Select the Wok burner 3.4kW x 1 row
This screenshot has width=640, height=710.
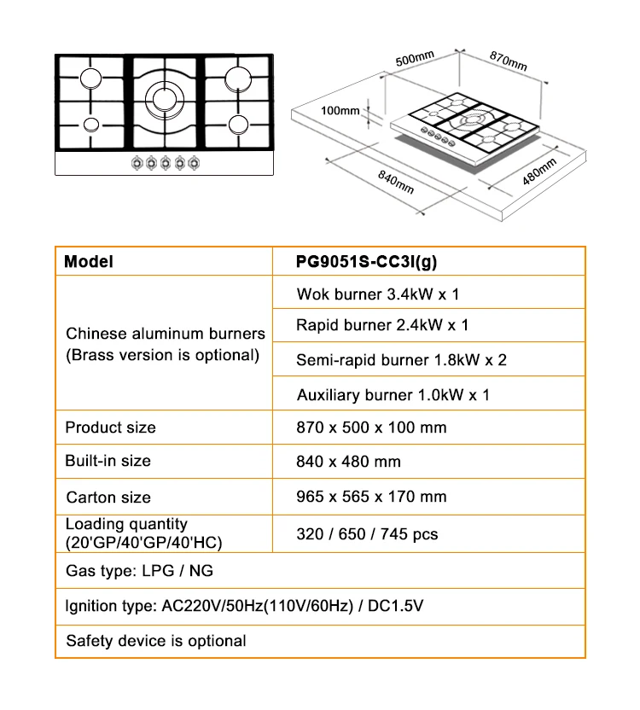coord(377,294)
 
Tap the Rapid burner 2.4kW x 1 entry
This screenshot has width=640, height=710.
coord(382,325)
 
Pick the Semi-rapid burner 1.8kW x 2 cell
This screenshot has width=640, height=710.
coord(401,360)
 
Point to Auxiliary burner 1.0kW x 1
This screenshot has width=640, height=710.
coord(393,395)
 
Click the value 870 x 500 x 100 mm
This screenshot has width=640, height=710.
coord(371,427)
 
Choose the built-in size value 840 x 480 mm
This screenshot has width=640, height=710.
coord(348,462)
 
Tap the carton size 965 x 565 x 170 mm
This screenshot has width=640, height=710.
coord(371,497)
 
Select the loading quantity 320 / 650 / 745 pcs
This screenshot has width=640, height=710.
coord(367,534)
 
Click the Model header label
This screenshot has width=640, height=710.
coord(89,262)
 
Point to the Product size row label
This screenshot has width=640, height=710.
coord(110,427)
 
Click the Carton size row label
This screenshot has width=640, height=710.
coord(108,497)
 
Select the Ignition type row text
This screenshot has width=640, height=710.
coord(245,607)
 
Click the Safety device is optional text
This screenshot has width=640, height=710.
coord(156,641)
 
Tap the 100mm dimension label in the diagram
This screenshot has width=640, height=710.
coord(340,110)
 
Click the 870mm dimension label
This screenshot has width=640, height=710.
coord(509,61)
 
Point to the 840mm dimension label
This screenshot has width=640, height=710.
coord(396,182)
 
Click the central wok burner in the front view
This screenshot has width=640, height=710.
coord(164,96)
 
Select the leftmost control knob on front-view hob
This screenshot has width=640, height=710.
coord(135,162)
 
